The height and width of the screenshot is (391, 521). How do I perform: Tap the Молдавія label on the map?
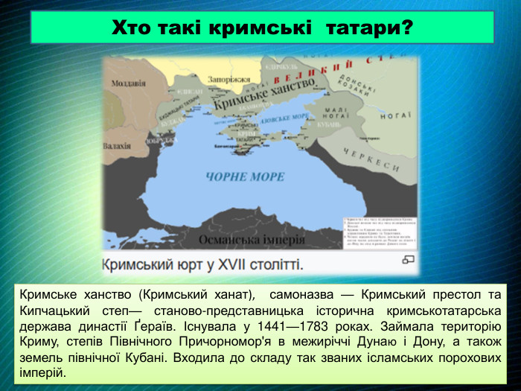128,83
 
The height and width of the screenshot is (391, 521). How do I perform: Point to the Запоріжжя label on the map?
229,79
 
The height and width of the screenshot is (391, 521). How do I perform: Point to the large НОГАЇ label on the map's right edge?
397,115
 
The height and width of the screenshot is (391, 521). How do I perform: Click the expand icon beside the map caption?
408,259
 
